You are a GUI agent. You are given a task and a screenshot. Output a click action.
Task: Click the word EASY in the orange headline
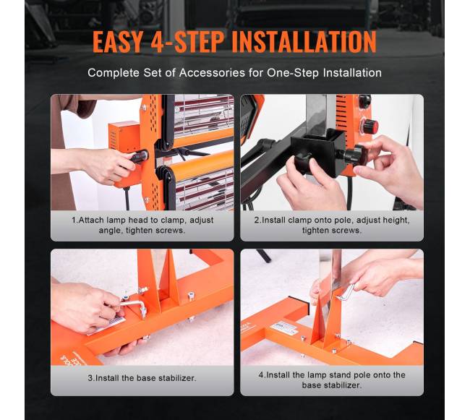click(x=117, y=41)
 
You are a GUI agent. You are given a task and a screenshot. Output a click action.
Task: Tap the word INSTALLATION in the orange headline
click(x=304, y=41)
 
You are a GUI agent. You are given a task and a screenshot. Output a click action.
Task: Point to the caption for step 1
click(x=142, y=225)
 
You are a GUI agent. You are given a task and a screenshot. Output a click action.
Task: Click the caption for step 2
click(x=332, y=225)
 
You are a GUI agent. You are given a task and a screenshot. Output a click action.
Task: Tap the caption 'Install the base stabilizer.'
click(x=142, y=378)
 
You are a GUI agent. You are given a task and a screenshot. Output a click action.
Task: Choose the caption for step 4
click(x=332, y=380)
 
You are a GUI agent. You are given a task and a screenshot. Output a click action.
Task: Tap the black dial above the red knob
click(x=364, y=101)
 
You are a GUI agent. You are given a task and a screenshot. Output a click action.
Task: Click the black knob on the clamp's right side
click(x=354, y=154)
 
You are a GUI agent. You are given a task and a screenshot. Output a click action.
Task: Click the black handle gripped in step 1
click(x=140, y=156)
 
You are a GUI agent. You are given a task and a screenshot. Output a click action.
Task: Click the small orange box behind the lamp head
click(x=124, y=137)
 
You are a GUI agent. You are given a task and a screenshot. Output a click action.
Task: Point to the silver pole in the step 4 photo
click(x=331, y=296)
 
